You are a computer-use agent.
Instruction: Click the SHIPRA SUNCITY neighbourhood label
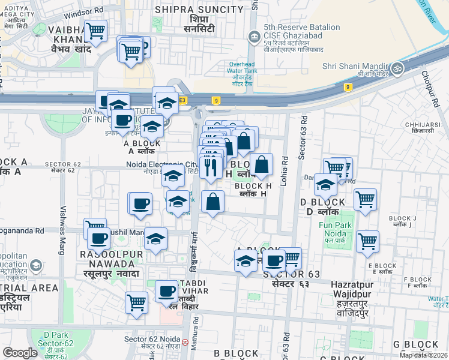pos(199,10)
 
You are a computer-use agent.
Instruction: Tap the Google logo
pos(20,353)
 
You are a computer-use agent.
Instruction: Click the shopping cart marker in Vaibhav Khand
pos(95,30)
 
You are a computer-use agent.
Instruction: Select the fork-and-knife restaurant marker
pos(210,166)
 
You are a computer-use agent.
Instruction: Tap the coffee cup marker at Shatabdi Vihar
pos(166,292)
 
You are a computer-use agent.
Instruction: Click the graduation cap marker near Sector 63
pos(245,261)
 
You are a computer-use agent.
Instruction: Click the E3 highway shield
pos(182,100)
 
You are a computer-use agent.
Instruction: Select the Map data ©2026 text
pos(423,355)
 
